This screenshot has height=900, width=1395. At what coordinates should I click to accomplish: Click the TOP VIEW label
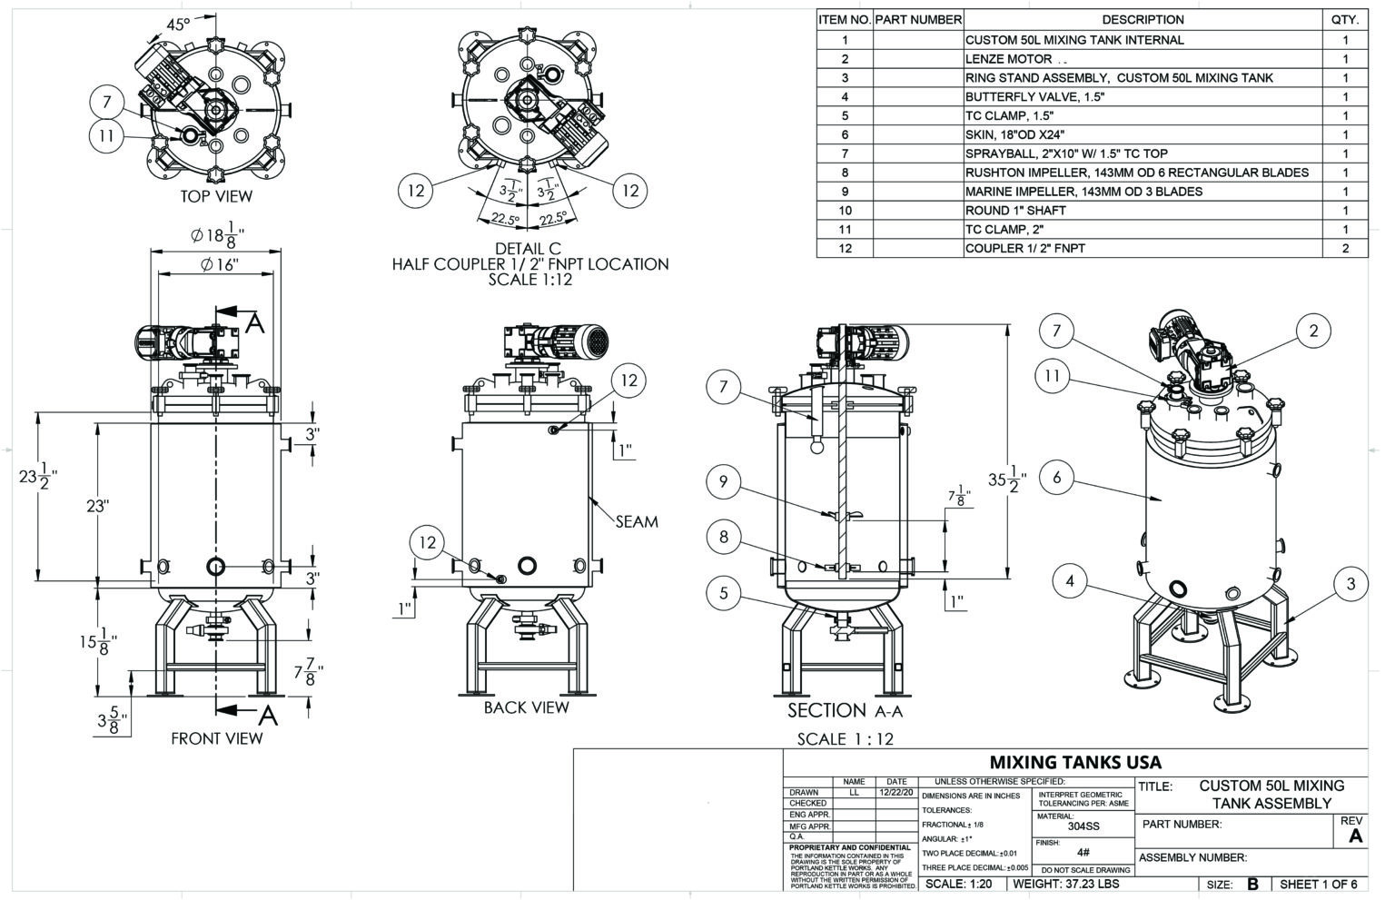pos(216,196)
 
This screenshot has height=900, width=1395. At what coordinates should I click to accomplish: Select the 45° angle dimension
pos(179,25)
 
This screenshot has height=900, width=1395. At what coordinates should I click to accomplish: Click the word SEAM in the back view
pos(637,521)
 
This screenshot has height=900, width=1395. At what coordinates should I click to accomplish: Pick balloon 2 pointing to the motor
pos(1312,331)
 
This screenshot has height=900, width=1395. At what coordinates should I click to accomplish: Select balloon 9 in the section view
pos(723,481)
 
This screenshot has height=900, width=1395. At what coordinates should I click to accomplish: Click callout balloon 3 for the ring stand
pos(1350,583)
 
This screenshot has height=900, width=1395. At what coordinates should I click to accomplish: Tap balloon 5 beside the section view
pos(723,594)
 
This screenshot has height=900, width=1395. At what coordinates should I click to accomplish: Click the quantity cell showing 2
pos(1345,248)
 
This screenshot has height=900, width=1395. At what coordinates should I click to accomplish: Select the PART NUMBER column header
pos(917,19)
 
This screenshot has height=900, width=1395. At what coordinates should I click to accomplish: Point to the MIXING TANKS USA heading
pos(1074,762)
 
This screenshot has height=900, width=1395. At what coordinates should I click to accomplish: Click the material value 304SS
pos(1083,826)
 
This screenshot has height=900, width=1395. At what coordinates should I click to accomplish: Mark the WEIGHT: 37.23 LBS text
pos(1065,884)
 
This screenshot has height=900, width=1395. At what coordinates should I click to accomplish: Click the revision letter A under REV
pos(1355,836)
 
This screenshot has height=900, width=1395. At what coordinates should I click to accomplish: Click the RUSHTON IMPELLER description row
pos(1136,173)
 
